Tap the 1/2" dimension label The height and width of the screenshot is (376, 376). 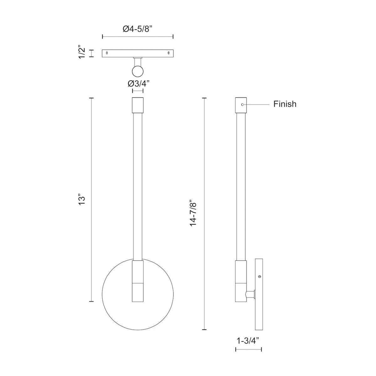tap(82, 53)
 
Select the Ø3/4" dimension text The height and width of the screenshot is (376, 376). tap(138, 84)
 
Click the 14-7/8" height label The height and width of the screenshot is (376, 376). tap(194, 213)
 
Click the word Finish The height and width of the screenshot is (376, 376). tap(285, 104)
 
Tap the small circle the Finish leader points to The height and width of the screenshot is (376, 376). tap(242, 104)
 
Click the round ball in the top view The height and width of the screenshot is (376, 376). tap(138, 71)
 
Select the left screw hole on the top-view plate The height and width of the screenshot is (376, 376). tap(107, 53)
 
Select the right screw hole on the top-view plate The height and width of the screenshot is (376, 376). tap(169, 53)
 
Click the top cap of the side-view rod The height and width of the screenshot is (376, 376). tap(241, 105)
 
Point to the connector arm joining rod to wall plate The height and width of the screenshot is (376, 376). tap(250, 294)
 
